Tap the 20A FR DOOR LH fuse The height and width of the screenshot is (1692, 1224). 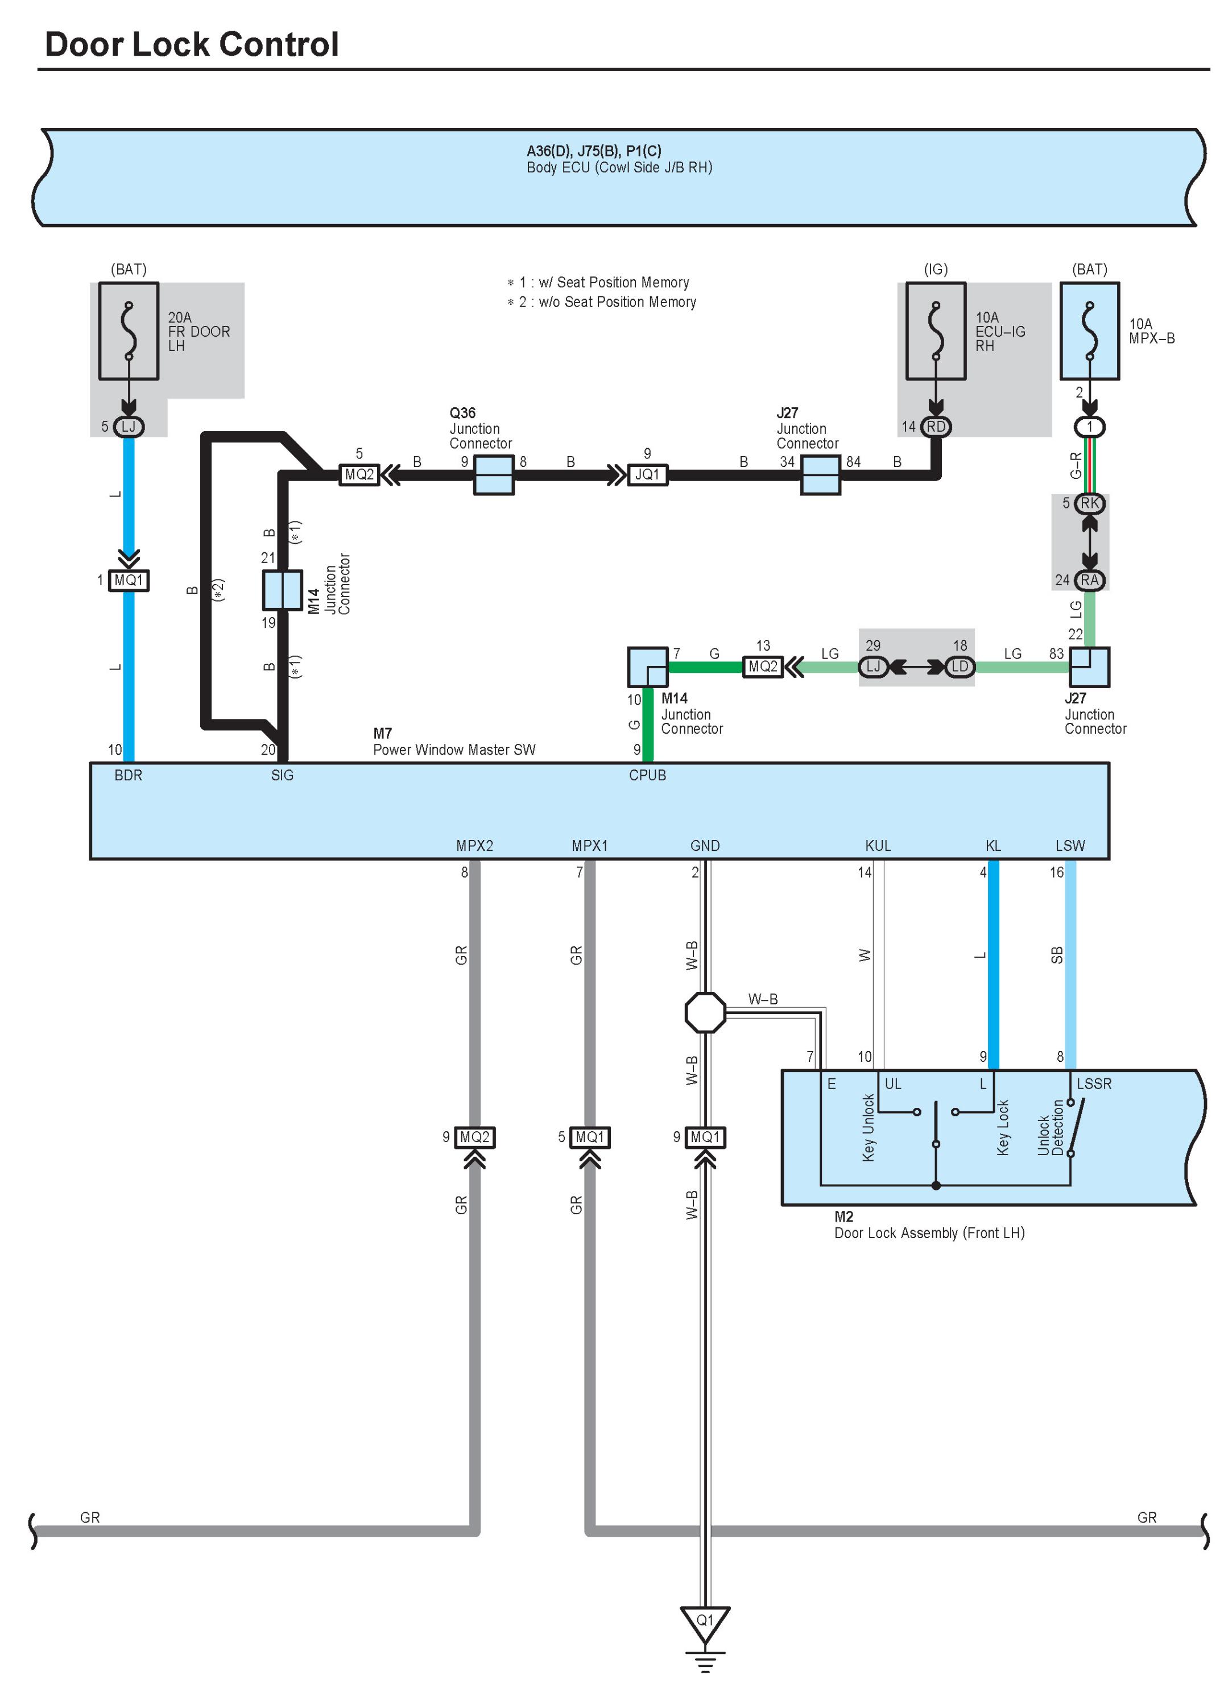point(129,330)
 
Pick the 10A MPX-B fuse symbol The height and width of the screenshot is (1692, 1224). point(1089,330)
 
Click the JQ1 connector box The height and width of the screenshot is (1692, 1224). point(647,474)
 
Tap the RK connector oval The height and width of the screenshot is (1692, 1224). point(1090,503)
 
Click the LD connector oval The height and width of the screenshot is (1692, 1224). point(960,666)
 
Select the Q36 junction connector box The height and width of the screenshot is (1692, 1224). point(494,474)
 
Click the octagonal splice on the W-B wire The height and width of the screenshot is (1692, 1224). point(705,1012)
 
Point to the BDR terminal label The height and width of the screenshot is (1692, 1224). point(129,775)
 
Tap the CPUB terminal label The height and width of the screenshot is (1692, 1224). point(647,775)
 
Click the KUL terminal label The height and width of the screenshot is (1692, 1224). point(878,845)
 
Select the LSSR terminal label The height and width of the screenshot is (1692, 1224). point(1094,1083)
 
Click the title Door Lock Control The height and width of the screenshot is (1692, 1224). point(192,44)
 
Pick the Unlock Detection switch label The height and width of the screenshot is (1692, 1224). point(1050,1127)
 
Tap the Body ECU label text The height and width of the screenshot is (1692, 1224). point(619,167)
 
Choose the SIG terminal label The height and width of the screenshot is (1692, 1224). point(282,775)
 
